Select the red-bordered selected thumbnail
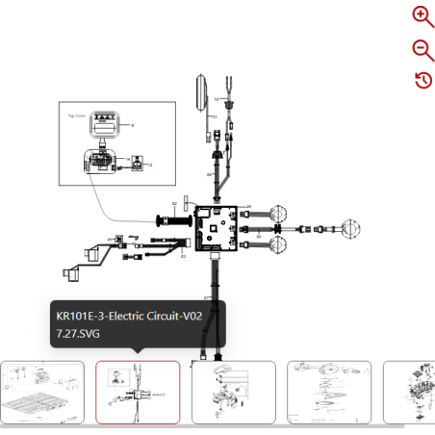pos(138,392)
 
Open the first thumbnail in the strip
pos(42,392)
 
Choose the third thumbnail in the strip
pos(233,392)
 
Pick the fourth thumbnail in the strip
pos(328,392)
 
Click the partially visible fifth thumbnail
pos(408,392)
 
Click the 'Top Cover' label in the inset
pos(77,115)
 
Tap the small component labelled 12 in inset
pos(136,165)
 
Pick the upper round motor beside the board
pos(278,214)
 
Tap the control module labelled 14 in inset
pos(102,161)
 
